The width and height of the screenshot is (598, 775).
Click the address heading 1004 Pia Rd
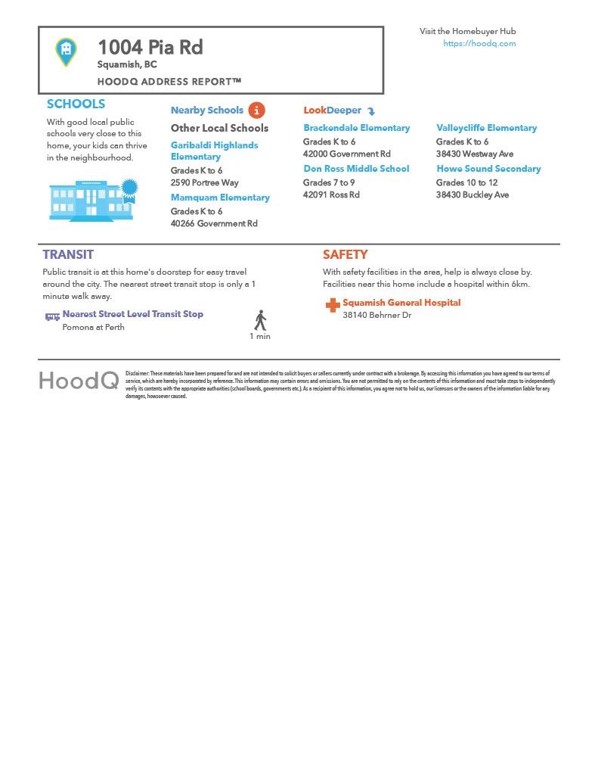(x=150, y=48)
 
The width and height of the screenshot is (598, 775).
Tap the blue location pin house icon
(x=67, y=51)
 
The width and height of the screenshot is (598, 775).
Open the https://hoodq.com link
(x=479, y=44)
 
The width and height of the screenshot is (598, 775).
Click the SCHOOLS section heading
(x=76, y=104)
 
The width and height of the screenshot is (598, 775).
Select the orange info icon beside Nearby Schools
(x=256, y=110)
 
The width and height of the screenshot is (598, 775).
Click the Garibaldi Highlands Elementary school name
(x=214, y=151)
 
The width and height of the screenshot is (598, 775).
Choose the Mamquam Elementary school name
(x=220, y=198)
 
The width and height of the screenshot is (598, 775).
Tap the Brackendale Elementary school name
(x=357, y=128)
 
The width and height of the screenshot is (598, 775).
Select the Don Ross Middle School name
(x=356, y=169)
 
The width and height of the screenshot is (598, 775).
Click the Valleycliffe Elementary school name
(x=486, y=128)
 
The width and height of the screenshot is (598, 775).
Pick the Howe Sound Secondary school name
(x=488, y=169)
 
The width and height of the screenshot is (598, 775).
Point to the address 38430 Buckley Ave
(x=473, y=195)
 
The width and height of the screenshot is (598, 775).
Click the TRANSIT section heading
(x=68, y=255)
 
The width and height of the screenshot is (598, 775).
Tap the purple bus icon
(x=52, y=316)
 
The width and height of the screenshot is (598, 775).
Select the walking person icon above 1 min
(x=260, y=320)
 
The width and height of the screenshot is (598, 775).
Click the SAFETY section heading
(x=345, y=255)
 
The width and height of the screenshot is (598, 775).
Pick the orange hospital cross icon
(x=332, y=305)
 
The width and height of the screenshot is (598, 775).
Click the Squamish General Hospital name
(x=401, y=303)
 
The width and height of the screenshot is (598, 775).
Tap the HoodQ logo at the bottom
(x=79, y=381)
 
